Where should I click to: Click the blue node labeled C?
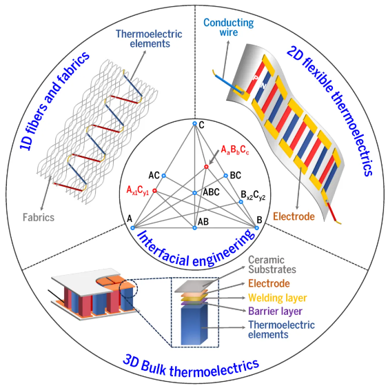(195, 123)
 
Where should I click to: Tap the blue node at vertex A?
(132, 227)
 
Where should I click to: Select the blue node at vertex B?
(257, 227)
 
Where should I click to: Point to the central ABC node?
(195, 193)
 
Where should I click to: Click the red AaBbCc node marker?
(206, 167)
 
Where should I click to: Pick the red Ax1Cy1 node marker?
(154, 190)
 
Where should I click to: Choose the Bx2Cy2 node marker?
(241, 202)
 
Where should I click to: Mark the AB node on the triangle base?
(195, 227)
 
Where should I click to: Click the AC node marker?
(163, 176)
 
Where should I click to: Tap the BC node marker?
(225, 176)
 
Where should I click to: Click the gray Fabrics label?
(39, 218)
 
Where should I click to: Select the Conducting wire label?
(229, 28)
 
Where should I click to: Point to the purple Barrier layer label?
(275, 311)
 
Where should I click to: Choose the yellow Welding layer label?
(278, 298)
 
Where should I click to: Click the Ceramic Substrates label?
(272, 265)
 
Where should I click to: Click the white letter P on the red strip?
(256, 78)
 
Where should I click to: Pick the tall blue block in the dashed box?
(194, 324)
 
